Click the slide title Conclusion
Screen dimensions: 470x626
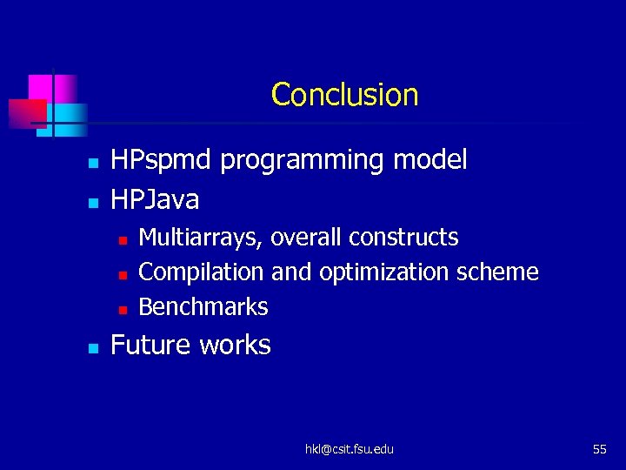pyautogui.click(x=344, y=94)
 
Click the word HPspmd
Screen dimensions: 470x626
pyautogui.click(x=162, y=160)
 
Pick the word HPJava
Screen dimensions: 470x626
pyautogui.click(x=155, y=200)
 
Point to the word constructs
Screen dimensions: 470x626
pyautogui.click(x=407, y=238)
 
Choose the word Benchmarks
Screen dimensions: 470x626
pyautogui.click(x=203, y=307)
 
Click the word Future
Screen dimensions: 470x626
pyautogui.click(x=151, y=345)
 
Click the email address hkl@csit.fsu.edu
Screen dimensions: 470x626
pyautogui.click(x=349, y=449)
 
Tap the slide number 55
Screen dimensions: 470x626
pyautogui.click(x=599, y=449)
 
